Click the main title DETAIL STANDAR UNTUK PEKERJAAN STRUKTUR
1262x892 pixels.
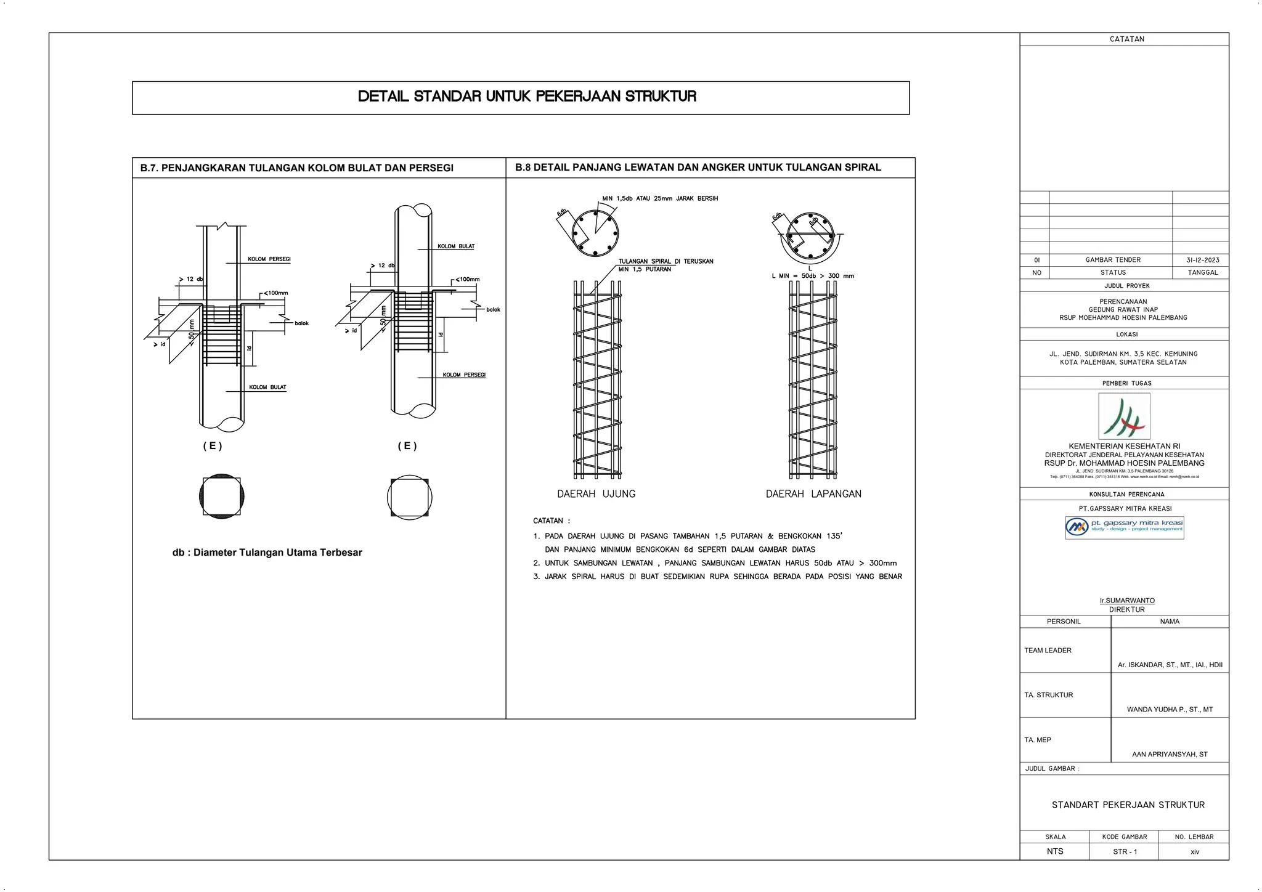point(527,97)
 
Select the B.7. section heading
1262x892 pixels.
point(296,168)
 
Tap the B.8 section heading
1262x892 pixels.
point(698,168)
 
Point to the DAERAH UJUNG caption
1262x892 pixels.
point(596,494)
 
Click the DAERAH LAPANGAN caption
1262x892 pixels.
point(813,494)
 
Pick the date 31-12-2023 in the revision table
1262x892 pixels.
point(1202,260)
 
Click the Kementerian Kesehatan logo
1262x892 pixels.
point(1124,417)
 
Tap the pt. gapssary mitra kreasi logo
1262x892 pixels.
point(1124,527)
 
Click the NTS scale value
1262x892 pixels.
point(1054,851)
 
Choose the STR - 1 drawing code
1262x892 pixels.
point(1124,852)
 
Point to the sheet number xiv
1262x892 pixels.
point(1194,852)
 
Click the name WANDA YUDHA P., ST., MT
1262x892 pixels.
point(1169,710)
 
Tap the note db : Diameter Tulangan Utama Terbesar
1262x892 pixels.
point(267,553)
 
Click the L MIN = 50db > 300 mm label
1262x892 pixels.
point(812,276)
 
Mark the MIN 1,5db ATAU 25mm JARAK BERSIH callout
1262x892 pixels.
point(659,198)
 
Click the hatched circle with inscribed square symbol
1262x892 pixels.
point(222,496)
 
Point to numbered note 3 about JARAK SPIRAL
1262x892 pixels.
point(717,577)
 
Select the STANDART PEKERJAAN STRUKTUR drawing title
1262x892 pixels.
point(1128,805)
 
